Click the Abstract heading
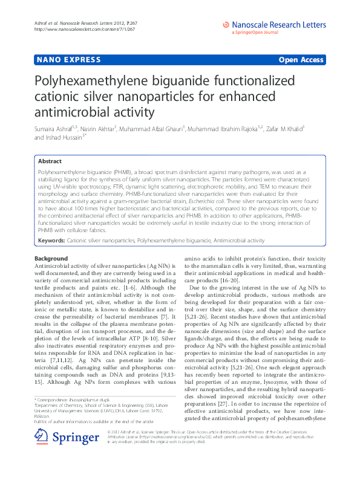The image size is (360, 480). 49,161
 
